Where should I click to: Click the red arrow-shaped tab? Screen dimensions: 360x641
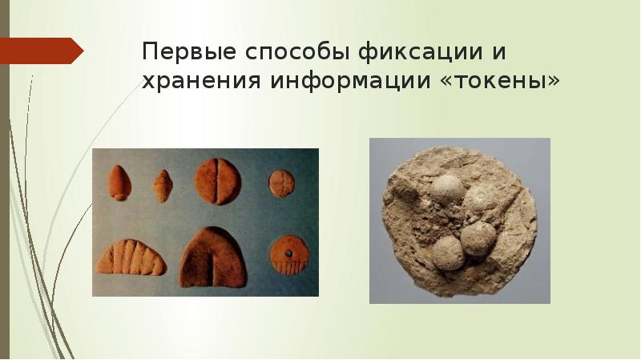coord(45,51)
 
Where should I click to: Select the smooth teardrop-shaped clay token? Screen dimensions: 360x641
coord(118,183)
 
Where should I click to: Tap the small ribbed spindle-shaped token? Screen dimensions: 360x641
coord(163,186)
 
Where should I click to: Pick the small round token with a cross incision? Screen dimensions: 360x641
coord(280,184)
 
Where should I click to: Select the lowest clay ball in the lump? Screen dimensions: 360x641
coord(447,253)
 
